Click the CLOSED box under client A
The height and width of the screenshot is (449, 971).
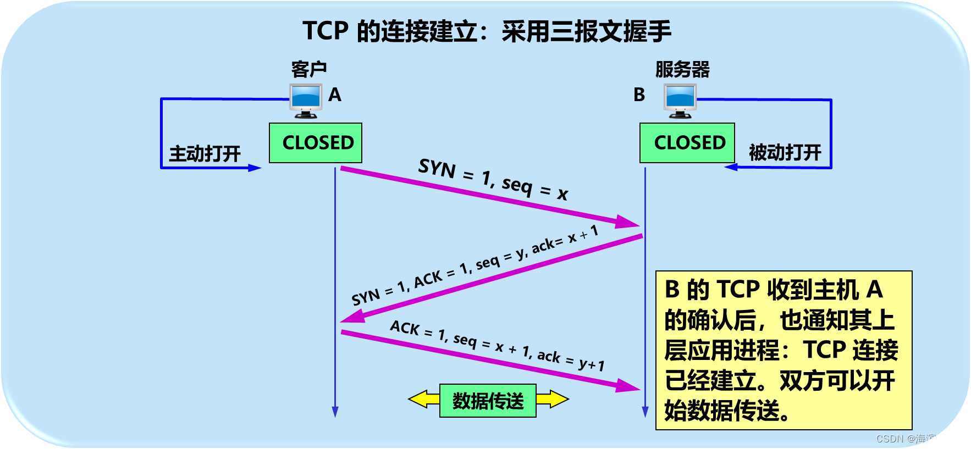click(x=315, y=143)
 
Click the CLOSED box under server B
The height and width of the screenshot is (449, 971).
click(x=687, y=143)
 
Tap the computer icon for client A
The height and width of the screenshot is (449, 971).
click(x=306, y=101)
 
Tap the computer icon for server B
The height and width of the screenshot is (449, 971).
click(x=680, y=101)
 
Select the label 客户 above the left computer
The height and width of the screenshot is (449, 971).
click(x=309, y=70)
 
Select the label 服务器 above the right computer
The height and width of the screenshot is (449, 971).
click(x=682, y=70)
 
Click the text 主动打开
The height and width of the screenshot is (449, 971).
click(x=205, y=153)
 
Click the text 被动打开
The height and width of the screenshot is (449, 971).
click(x=785, y=152)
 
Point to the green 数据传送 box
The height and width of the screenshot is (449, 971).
click(x=488, y=401)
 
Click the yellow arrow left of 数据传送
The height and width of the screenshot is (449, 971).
click(x=423, y=400)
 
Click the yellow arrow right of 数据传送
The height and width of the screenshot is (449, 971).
click(x=553, y=399)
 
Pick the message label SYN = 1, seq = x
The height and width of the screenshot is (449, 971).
click(x=493, y=179)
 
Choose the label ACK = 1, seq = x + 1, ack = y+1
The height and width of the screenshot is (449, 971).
click(x=497, y=345)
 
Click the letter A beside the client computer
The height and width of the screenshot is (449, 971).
click(x=335, y=95)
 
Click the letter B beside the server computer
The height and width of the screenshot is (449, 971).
click(x=639, y=95)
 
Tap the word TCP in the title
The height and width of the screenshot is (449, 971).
click(x=325, y=31)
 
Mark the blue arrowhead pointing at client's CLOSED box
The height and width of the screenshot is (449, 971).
click(x=255, y=168)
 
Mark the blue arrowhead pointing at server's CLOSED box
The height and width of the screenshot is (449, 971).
click(x=731, y=167)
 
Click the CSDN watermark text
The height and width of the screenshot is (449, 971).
click(x=918, y=439)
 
